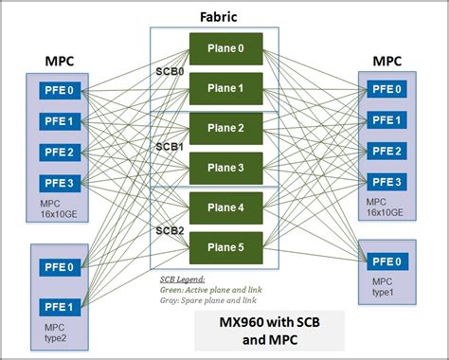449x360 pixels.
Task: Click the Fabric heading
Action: click(x=219, y=15)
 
